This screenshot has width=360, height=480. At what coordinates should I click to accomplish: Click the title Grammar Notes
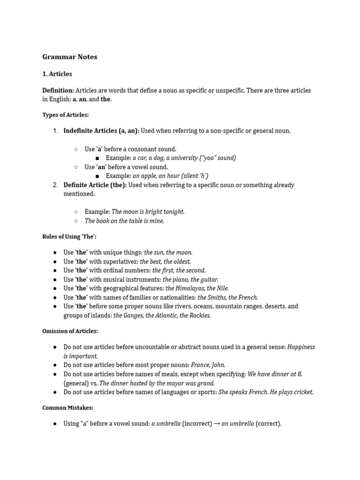coord(70,57)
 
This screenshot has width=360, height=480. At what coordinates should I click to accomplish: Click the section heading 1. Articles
coord(57,74)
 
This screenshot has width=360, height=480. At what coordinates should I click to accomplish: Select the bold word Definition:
coord(58,90)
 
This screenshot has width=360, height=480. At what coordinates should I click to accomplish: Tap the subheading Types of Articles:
coord(66,115)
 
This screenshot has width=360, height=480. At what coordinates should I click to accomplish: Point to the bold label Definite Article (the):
coord(95,185)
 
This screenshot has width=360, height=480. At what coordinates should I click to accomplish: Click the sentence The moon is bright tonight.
coord(148,212)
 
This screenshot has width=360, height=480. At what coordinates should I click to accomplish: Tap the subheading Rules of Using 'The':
coord(69,237)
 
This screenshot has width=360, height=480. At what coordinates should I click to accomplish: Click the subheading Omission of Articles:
coord(70,331)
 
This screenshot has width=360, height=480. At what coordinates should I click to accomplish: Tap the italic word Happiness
coord(301,347)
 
